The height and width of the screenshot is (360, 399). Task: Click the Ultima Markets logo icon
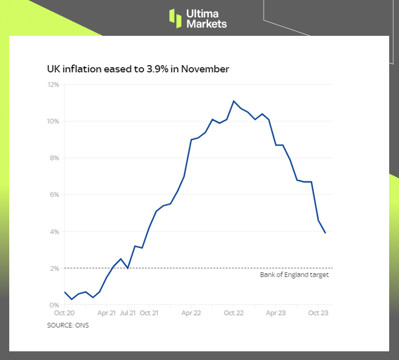click(x=175, y=18)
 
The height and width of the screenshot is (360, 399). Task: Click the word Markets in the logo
click(x=206, y=24)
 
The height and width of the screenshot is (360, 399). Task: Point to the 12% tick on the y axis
click(x=53, y=84)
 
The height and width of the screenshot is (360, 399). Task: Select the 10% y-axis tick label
click(x=53, y=121)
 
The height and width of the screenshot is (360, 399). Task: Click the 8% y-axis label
click(x=54, y=158)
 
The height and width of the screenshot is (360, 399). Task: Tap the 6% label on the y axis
click(x=54, y=195)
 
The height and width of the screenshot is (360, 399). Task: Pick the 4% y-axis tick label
click(x=54, y=232)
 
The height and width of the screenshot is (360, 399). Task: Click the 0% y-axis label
click(x=54, y=305)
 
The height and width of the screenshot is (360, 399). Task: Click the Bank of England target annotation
click(x=294, y=275)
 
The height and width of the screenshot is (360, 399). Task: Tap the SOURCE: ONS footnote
click(x=68, y=325)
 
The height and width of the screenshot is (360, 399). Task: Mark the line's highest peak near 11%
click(x=234, y=101)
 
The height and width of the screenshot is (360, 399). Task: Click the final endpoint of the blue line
click(x=326, y=233)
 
